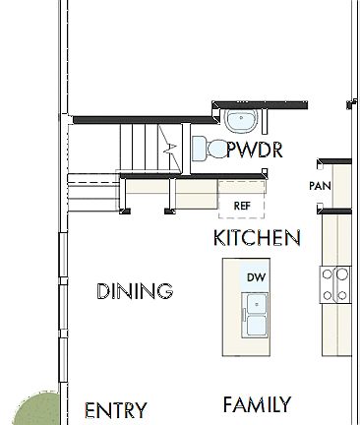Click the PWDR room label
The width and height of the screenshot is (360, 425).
pyautogui.click(x=255, y=150)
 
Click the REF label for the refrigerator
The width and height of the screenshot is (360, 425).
pyautogui.click(x=242, y=206)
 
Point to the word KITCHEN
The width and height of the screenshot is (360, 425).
pyautogui.click(x=257, y=238)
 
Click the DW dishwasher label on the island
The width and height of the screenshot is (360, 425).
pyautogui.click(x=257, y=277)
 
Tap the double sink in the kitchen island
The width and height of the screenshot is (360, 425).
pyautogui.click(x=257, y=317)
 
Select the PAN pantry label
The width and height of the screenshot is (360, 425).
pyautogui.click(x=319, y=186)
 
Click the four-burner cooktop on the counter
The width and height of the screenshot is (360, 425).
pyautogui.click(x=335, y=284)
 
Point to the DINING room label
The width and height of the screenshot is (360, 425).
pyautogui.click(x=135, y=291)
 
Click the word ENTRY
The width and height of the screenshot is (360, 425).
pyautogui.click(x=116, y=410)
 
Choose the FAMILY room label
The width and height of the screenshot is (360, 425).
pyautogui.click(x=257, y=404)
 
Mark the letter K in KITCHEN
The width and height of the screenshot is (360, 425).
pyautogui.click(x=219, y=238)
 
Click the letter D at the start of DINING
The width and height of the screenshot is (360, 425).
pyautogui.click(x=102, y=291)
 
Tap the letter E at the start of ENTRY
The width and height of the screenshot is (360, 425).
pyautogui.click(x=90, y=410)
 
